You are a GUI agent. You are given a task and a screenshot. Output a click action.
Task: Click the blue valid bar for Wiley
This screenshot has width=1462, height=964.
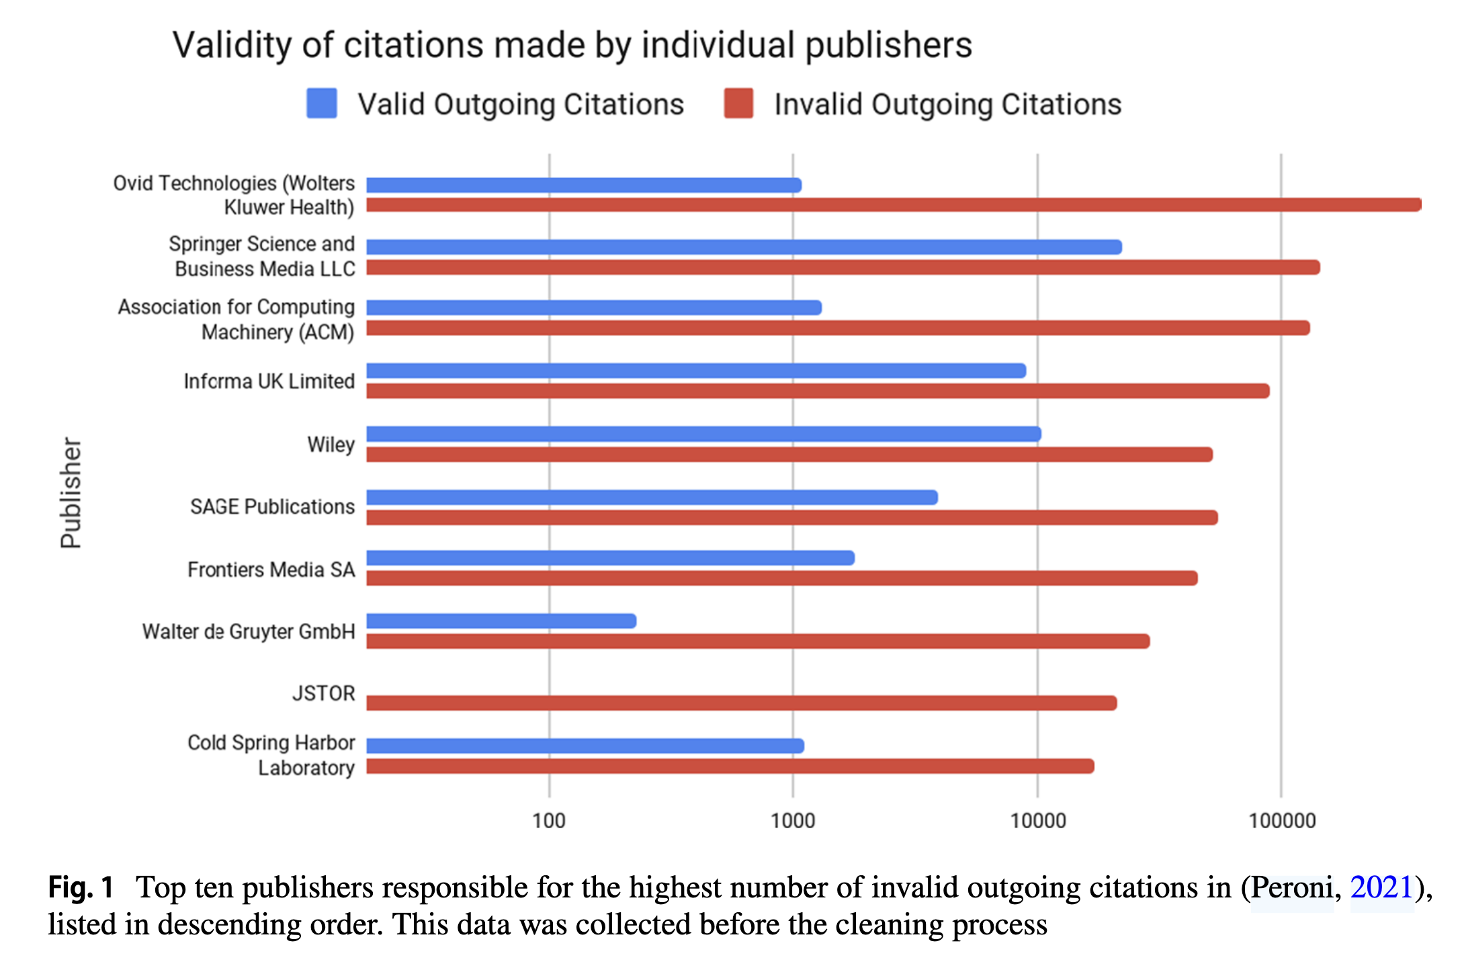pyautogui.click(x=703, y=434)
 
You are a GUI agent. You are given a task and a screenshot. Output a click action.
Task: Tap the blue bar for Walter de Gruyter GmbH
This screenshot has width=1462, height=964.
pyautogui.click(x=501, y=621)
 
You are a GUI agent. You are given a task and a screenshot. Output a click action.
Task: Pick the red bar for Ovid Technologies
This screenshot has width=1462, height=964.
pyautogui.click(x=894, y=205)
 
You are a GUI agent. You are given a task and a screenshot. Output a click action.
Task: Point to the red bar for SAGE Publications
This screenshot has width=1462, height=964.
pyautogui.click(x=791, y=518)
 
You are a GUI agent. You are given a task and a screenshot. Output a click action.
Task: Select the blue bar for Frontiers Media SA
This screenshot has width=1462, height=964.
pyautogui.click(x=610, y=558)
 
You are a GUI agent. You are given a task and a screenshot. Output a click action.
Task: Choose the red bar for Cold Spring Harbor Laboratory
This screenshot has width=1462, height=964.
pyautogui.click(x=730, y=766)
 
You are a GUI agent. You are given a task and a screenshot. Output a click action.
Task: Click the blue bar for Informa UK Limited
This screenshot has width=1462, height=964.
pyautogui.click(x=696, y=371)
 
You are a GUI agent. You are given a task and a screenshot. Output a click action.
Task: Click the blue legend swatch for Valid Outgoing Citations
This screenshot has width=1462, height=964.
pyautogui.click(x=322, y=104)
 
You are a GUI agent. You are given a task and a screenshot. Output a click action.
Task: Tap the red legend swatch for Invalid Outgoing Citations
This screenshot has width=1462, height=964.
pyautogui.click(x=738, y=104)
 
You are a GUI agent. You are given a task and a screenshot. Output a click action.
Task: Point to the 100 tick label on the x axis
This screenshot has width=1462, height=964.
pyautogui.click(x=549, y=821)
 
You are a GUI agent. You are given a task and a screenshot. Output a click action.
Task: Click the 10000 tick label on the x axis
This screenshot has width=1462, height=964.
pyautogui.click(x=1038, y=821)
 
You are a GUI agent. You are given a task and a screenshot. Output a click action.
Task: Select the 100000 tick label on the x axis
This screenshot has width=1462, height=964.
pyautogui.click(x=1282, y=821)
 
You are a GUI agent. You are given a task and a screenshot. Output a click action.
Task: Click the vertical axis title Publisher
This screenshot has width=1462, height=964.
pyautogui.click(x=71, y=493)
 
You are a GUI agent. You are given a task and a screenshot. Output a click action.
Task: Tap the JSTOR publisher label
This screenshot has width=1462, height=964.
pyautogui.click(x=323, y=693)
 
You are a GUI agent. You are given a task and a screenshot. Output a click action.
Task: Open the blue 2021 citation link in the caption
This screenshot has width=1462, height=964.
pyautogui.click(x=1381, y=887)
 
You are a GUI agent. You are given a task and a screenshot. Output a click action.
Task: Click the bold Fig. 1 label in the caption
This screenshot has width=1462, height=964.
pyautogui.click(x=81, y=887)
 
